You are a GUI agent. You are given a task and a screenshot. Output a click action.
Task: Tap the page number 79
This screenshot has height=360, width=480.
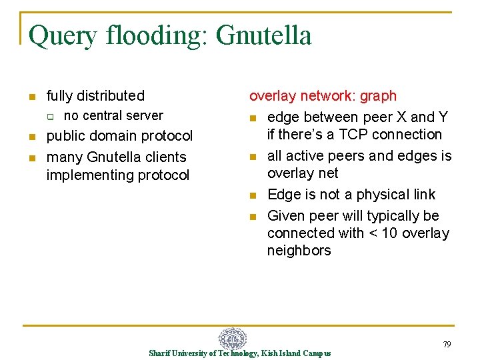click(446, 345)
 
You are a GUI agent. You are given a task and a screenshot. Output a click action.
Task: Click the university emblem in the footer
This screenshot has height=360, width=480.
click(233, 339)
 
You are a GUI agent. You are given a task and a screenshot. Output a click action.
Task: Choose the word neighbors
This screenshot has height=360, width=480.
click(299, 251)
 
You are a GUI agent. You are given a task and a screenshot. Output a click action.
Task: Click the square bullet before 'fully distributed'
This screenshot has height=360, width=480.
click(31, 97)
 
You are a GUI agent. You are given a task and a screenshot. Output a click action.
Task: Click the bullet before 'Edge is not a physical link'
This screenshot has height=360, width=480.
click(253, 195)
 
